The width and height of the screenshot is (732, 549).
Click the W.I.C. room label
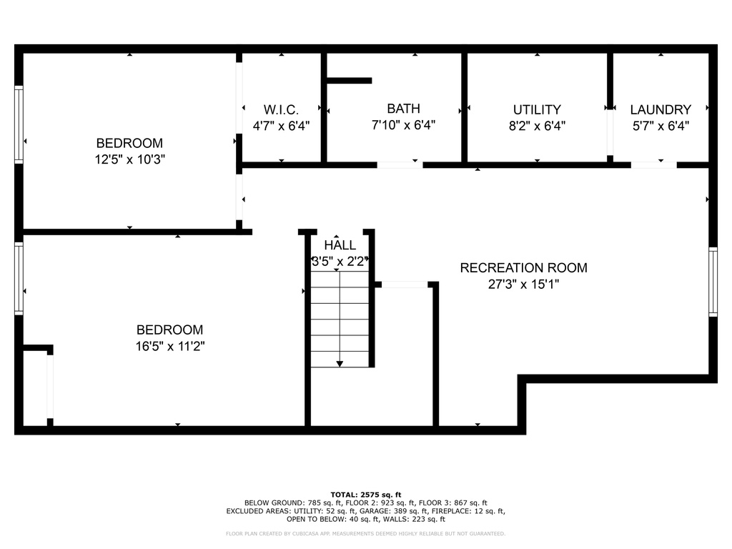point(281,109)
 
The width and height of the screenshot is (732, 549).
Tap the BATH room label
point(403,109)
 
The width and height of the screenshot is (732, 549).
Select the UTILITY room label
point(537,109)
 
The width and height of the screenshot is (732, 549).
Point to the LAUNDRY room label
point(661,109)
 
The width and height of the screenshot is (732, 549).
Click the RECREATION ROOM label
point(524,268)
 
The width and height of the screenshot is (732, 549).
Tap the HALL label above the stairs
point(340,245)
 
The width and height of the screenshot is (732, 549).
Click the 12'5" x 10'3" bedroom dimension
point(130,159)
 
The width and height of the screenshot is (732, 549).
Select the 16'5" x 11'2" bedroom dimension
point(170,347)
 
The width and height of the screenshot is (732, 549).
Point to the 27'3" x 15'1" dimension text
point(524,285)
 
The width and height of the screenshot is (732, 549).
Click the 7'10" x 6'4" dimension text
point(403,125)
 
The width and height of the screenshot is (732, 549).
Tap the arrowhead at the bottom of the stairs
point(340,364)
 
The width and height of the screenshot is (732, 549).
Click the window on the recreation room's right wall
point(713,282)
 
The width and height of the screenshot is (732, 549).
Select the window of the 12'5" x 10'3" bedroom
point(19,124)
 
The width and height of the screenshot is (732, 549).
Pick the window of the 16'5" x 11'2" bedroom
point(19,278)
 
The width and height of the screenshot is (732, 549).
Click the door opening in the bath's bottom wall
point(400,165)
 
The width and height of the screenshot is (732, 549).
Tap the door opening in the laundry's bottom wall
point(653,165)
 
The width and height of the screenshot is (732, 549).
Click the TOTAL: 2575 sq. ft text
point(366,495)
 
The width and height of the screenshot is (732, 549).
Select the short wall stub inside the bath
point(349,81)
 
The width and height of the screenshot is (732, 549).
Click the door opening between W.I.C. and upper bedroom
point(239,98)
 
